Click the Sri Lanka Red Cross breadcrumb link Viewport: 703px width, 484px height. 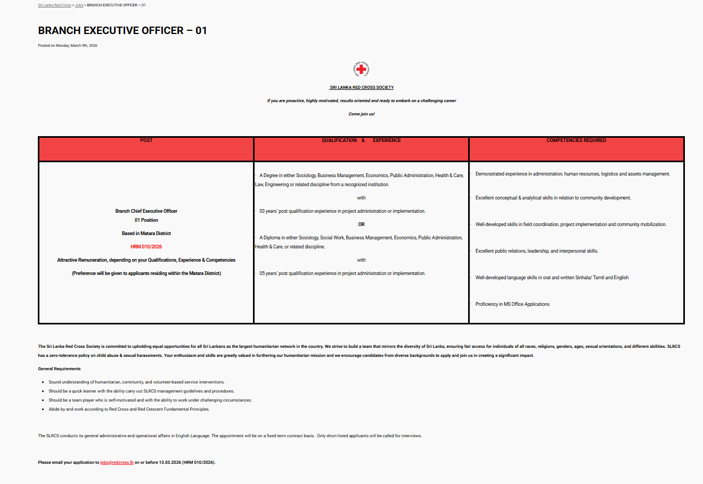pos(54,5)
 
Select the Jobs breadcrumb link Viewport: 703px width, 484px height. pos(79,5)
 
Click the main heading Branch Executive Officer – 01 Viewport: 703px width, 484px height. pos(122,30)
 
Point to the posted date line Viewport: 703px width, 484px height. pos(68,46)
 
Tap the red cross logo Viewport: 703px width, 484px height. pos(361,69)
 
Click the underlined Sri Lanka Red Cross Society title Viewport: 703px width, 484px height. pos(362,87)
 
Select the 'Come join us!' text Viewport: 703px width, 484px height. pos(362,114)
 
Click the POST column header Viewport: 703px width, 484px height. pos(146,140)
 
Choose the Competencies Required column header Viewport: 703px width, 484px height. pos(576,140)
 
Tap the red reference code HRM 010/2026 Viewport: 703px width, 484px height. pos(146,247)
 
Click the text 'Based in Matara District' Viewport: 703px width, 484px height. pos(146,233)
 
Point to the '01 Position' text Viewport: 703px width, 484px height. pos(146,220)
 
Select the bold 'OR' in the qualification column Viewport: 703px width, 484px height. pos(361,224)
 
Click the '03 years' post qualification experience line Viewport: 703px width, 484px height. pos(342,211)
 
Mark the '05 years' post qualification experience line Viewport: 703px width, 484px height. pos(342,273)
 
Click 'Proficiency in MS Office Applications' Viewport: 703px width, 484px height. pos(512,304)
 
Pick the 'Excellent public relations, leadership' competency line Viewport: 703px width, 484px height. pos(536,251)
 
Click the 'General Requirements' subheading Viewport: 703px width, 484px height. pos(60,369)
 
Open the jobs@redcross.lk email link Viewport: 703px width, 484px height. pos(117,463)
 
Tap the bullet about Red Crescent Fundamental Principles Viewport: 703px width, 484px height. pos(129,410)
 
